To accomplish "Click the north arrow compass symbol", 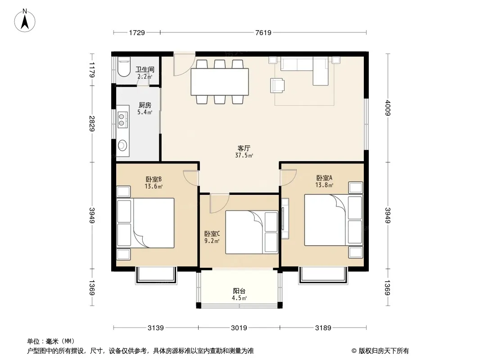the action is tap(25, 21).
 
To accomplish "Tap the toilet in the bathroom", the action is tap(124, 67).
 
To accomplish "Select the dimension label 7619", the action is tap(263, 32).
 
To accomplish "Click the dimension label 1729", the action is tap(137, 32).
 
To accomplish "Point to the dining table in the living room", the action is tap(219, 81).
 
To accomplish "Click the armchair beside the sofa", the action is tap(277, 85).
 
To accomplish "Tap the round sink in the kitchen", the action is tap(122, 145).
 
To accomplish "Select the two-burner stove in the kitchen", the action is tap(122, 120).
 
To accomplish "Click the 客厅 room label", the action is tap(244, 148).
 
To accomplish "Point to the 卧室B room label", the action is tap(154, 179).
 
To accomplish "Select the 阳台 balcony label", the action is tap(239, 291).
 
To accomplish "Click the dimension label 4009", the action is tap(388, 108).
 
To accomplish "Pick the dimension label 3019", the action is tap(239, 328).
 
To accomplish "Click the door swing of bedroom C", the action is tap(219, 203).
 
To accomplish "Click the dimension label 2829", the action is tap(91, 123).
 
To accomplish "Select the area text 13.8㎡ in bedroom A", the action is tap(324, 185).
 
